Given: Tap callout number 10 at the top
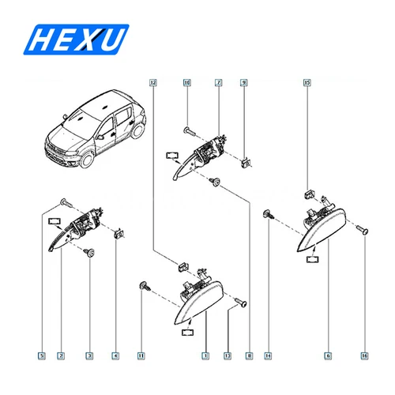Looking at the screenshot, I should pos(187,82).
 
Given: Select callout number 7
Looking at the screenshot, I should pos(217,82).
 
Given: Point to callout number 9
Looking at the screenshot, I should pos(244,82).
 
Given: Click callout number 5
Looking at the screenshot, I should pos(41,356).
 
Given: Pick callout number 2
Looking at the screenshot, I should pos(61,356).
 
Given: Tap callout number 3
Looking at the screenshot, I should pos(90,356).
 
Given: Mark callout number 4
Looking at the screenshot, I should pos(116,356).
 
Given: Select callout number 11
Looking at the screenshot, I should pos(142,356).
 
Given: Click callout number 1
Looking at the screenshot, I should pos(205,356).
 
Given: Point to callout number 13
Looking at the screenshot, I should pos(228,356).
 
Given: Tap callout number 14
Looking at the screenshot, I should pos(269,356).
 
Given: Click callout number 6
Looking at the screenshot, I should pos(328,356).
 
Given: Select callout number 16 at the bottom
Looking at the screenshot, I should pos(364,356).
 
